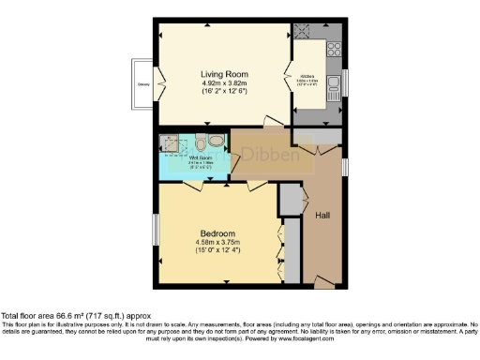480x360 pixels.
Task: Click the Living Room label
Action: pyautogui.click(x=222, y=73)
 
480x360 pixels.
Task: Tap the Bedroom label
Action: pyautogui.click(x=217, y=232)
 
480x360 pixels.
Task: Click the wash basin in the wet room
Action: pyautogui.click(x=217, y=142)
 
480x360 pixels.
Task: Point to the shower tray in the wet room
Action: pyautogui.click(x=170, y=142)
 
